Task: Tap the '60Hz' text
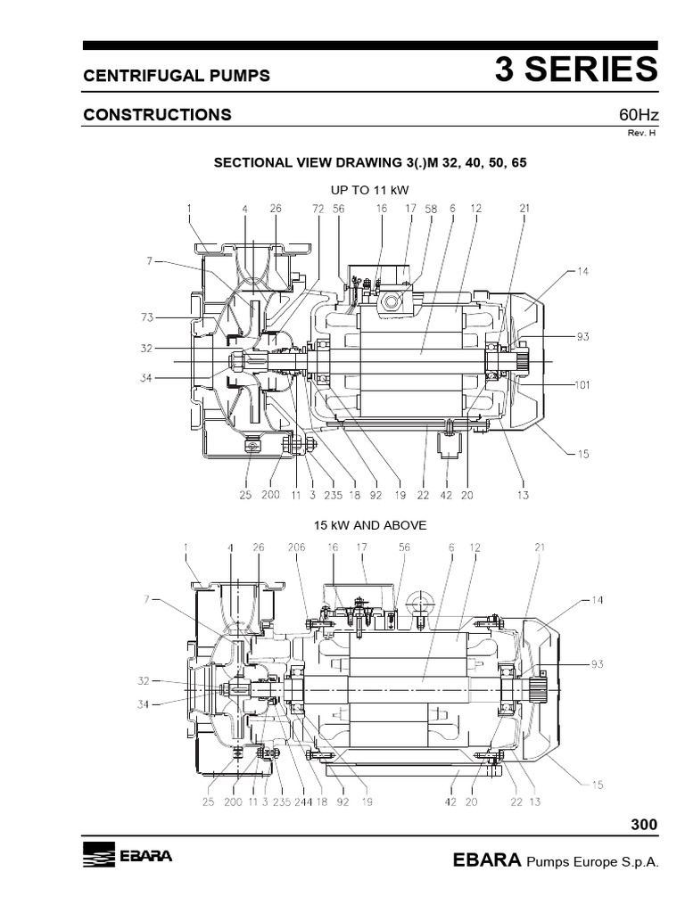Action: click(638, 115)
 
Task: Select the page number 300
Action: click(644, 825)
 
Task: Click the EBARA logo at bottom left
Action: click(127, 857)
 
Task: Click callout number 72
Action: click(318, 209)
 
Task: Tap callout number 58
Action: click(431, 209)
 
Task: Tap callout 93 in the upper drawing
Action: click(582, 336)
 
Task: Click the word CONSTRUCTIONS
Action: click(157, 115)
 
